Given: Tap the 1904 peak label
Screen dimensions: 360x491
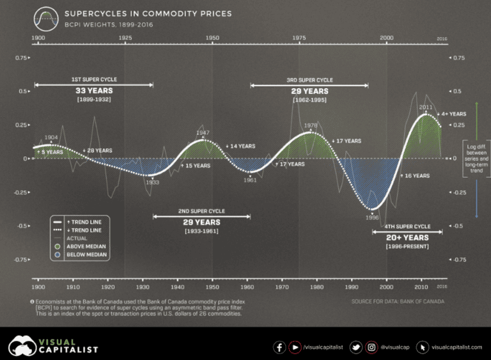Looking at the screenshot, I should [51, 137].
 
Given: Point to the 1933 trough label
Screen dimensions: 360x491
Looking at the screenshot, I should [152, 182].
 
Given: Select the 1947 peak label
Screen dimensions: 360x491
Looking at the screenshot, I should [203, 134].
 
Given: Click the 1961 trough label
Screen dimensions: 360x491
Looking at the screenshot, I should [250, 180].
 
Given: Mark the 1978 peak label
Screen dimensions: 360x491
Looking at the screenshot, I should [311, 126].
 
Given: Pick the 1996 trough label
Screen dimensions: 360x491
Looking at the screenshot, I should [372, 217].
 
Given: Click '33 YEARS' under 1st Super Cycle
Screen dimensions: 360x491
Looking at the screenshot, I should [93, 91].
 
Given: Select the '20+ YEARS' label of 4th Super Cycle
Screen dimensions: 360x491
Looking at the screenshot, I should [407, 237].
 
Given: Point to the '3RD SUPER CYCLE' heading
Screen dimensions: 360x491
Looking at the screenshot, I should [309, 81].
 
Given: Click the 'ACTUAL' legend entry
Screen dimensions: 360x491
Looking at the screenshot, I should [76, 238].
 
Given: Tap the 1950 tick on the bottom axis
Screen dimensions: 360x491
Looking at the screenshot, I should [212, 287].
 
